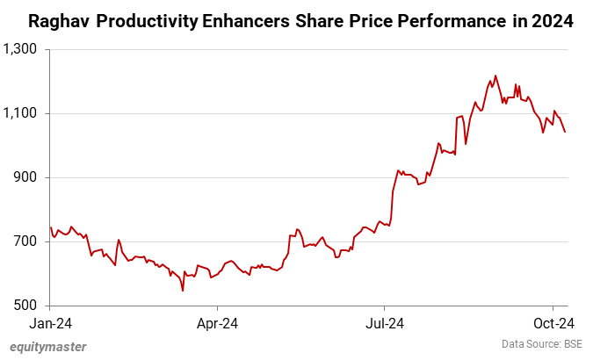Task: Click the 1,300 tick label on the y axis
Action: (21, 49)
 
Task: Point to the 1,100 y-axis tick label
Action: (21, 113)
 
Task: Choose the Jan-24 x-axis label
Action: (50, 322)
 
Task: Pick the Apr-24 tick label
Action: (217, 322)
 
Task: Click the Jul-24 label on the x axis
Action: (385, 322)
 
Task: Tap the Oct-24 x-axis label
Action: (553, 322)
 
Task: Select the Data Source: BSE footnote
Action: (542, 344)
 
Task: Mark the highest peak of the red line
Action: (495, 76)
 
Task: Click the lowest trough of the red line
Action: (182, 291)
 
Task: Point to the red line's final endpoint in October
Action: (565, 132)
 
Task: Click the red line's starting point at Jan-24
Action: (51, 227)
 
